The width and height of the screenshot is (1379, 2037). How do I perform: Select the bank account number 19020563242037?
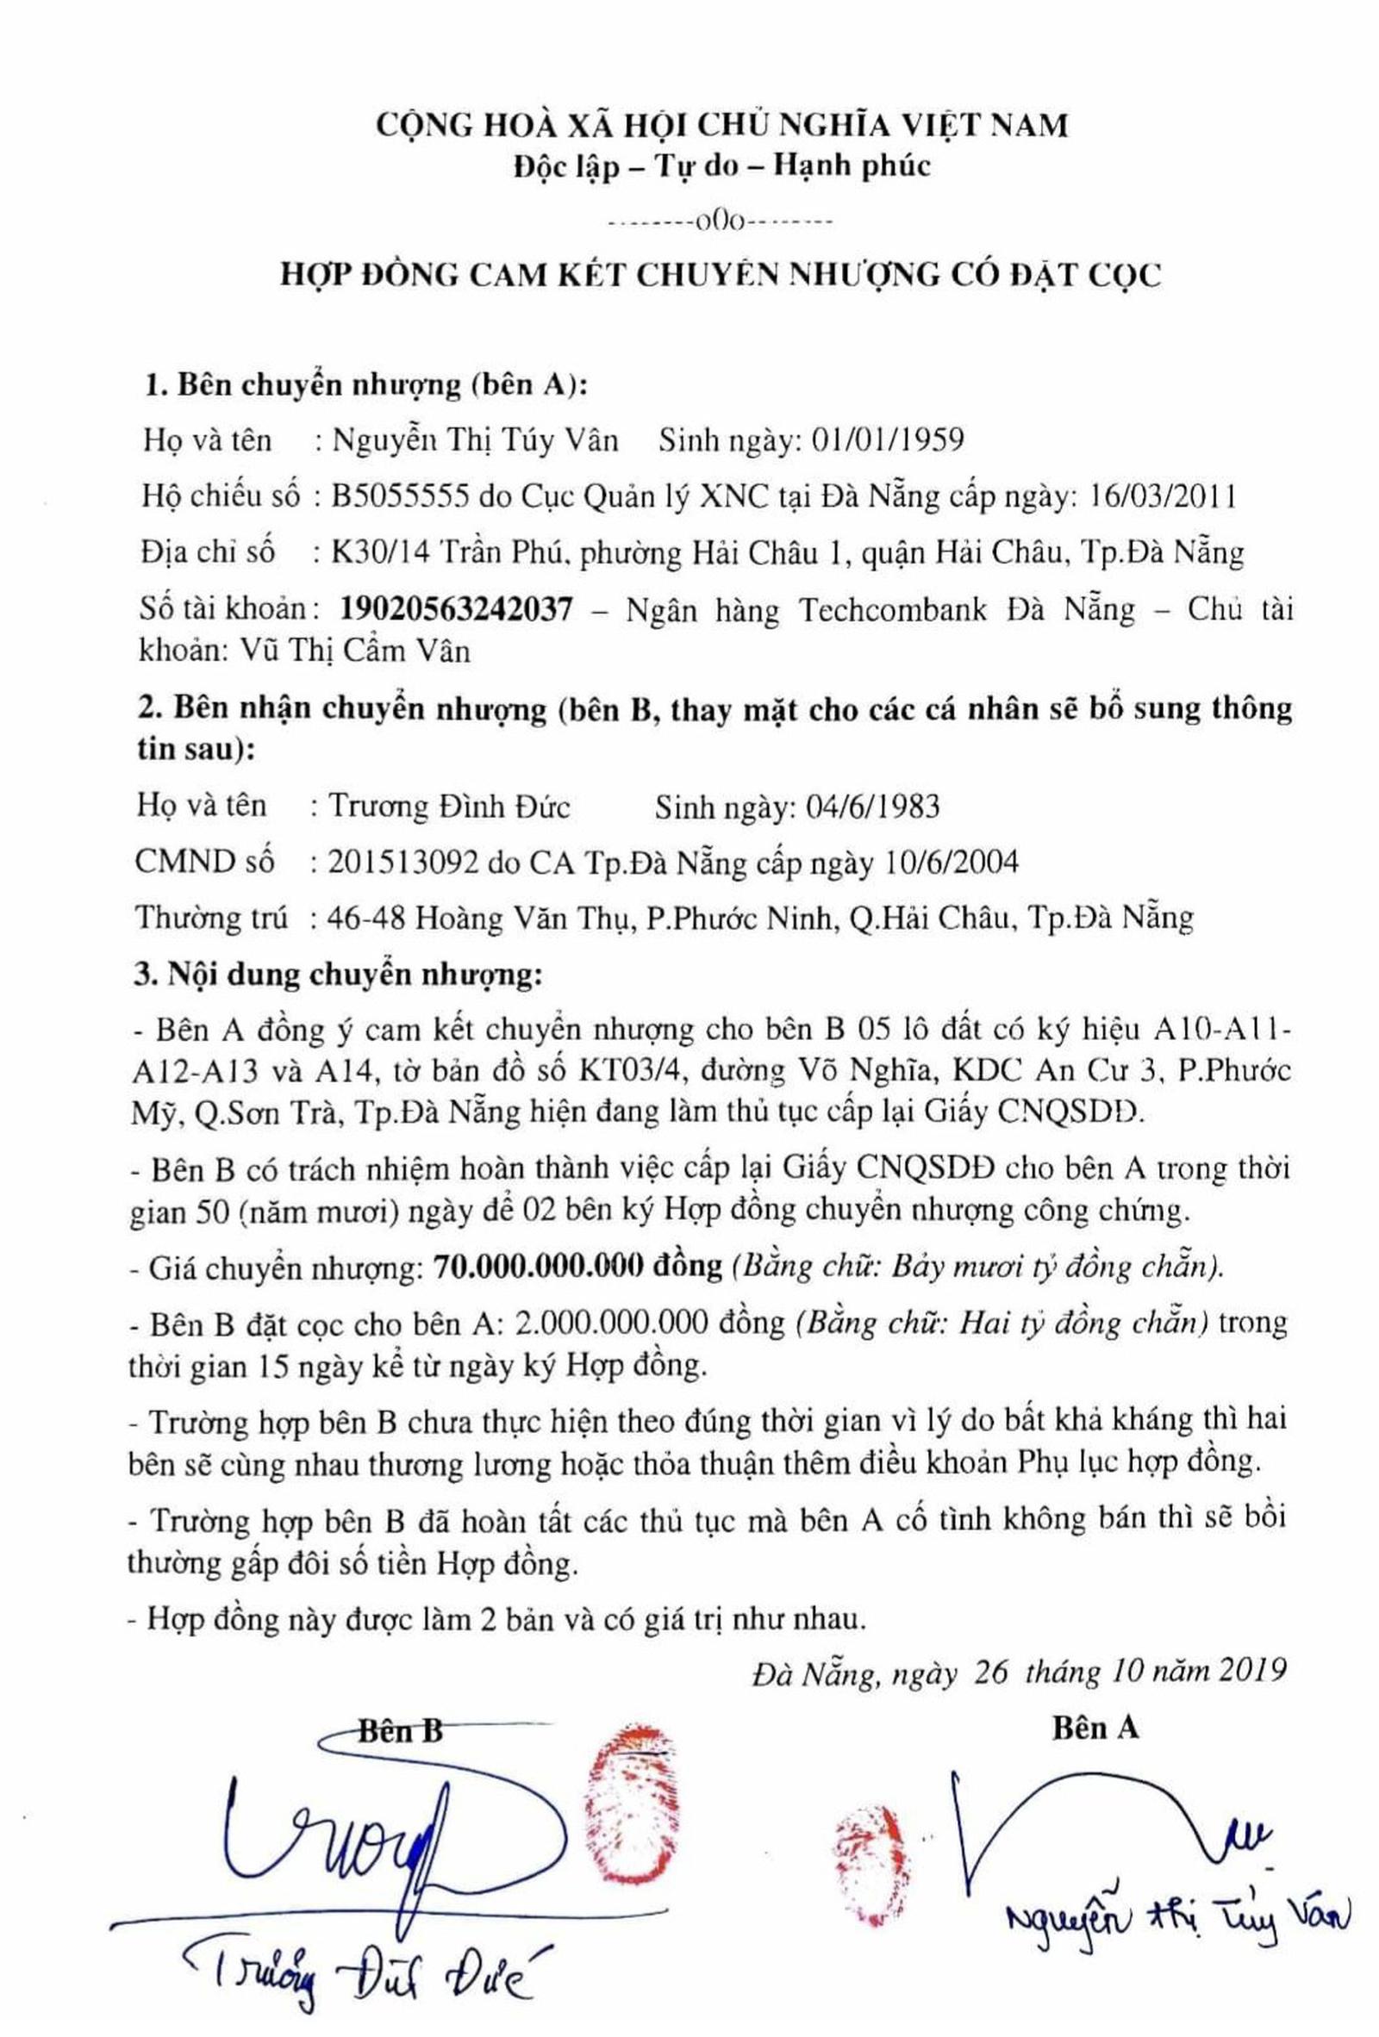[x=456, y=608]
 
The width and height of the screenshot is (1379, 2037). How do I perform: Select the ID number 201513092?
[x=403, y=863]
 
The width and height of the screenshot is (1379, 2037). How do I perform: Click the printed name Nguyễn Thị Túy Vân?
[x=475, y=439]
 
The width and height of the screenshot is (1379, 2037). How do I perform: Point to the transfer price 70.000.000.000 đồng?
[x=577, y=1267]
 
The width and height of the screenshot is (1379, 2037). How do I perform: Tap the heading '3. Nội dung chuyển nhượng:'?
[x=340, y=974]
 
